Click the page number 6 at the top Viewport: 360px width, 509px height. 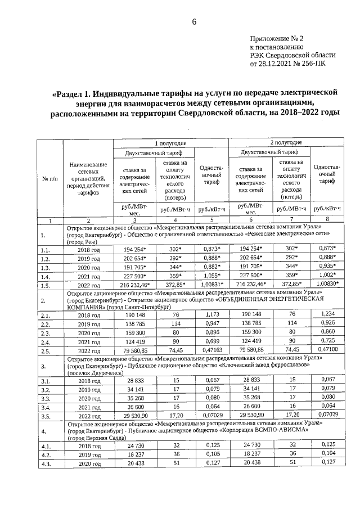(194, 22)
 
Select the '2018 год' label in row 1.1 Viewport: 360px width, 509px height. (89, 249)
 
